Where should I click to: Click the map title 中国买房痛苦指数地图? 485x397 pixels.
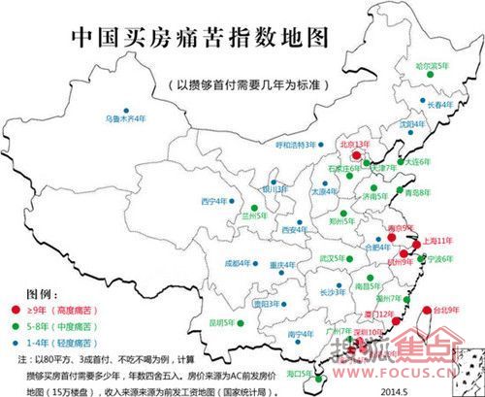[x=202, y=39]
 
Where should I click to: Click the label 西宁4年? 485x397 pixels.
[x=214, y=201]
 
